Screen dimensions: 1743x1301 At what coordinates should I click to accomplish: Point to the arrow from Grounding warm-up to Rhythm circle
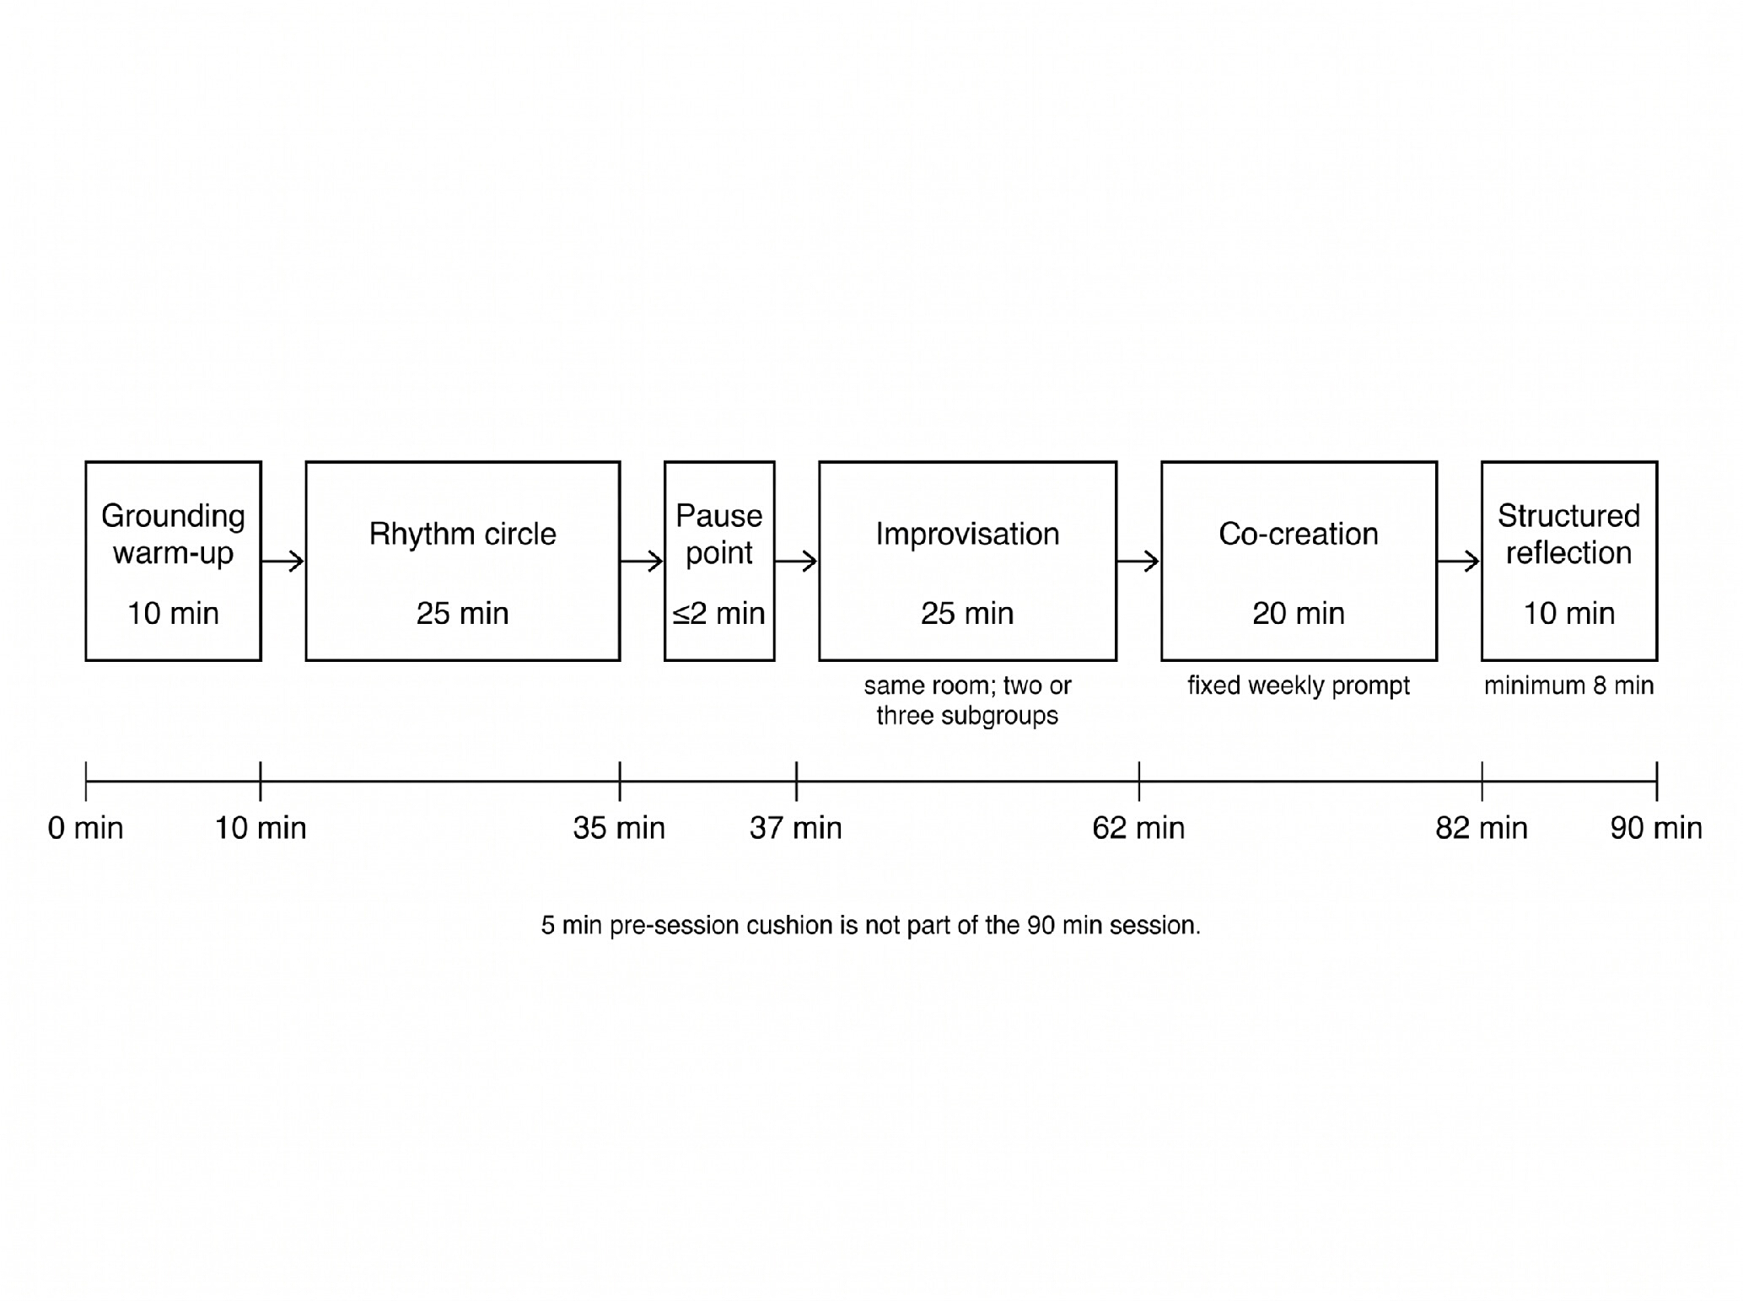283,561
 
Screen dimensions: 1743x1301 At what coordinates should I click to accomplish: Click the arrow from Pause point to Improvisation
797,561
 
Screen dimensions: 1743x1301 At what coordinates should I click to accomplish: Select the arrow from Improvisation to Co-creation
1139,561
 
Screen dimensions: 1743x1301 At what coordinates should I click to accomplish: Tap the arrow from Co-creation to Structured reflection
1460,561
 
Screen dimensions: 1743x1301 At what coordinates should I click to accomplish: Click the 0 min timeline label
85,828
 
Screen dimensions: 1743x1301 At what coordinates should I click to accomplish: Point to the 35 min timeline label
619,828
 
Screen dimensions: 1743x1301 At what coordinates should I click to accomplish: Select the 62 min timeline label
1138,828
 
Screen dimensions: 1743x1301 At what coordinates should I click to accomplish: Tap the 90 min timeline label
1656,828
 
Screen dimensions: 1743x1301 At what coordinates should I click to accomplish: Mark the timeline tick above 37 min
796,781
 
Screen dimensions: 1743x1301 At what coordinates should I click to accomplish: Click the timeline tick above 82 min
1482,781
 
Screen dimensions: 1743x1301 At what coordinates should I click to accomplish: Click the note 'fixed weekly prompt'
1299,685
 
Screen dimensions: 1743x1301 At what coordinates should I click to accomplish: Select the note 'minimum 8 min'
1568,685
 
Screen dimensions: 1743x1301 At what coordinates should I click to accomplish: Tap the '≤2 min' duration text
719,613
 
